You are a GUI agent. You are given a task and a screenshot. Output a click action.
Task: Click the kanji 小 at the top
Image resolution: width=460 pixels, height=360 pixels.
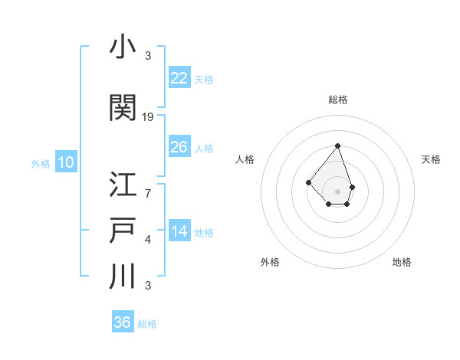(x=123, y=47)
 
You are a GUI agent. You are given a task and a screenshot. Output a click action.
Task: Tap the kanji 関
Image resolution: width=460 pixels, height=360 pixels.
(x=123, y=108)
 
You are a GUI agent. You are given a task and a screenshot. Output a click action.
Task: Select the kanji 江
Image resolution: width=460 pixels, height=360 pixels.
(x=123, y=185)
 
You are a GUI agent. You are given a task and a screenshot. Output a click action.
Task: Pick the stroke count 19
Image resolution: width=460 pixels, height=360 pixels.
(x=148, y=117)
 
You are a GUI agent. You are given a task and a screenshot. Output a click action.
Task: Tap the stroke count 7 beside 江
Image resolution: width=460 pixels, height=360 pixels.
(x=147, y=192)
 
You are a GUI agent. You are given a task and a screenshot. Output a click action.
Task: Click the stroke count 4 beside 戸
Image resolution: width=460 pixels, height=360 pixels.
(x=147, y=240)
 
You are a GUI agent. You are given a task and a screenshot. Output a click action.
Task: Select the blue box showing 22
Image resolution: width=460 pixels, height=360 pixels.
(x=179, y=77)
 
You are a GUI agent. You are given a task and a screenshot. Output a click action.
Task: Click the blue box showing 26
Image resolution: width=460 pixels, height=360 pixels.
(x=179, y=146)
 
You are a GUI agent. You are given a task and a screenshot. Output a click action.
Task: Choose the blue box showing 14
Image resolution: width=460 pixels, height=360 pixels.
(x=179, y=231)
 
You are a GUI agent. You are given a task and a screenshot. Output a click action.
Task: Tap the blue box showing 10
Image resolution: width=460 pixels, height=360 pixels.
(x=65, y=162)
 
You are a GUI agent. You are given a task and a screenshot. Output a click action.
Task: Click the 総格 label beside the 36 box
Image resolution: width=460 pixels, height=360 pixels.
(x=147, y=324)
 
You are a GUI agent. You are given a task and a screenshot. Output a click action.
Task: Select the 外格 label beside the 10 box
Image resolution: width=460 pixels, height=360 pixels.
(x=40, y=163)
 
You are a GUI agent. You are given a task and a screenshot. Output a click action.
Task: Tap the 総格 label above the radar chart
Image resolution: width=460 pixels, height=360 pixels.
(x=337, y=100)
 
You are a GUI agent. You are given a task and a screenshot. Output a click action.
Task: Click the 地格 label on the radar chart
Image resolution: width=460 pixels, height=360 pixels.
(x=402, y=262)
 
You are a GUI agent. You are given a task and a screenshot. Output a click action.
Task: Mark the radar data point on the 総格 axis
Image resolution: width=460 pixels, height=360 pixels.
(x=337, y=146)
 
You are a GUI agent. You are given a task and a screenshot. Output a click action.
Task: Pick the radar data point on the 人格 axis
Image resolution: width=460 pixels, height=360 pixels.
(x=308, y=182)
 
